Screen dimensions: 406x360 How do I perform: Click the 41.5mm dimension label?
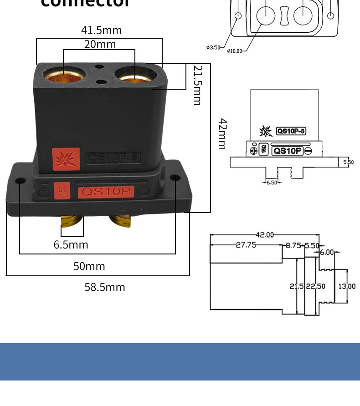point(102,30)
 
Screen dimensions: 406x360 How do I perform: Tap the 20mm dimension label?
point(100,44)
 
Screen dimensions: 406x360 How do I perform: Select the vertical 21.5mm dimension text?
point(197,85)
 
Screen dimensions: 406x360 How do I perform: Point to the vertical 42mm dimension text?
point(222,134)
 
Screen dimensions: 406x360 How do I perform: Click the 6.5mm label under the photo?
point(71,244)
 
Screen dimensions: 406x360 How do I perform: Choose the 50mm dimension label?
point(89,266)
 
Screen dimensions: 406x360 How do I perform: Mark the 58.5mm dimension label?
point(104,287)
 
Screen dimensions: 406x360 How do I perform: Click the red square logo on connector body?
point(66,160)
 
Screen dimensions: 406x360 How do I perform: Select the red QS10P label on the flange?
point(106,192)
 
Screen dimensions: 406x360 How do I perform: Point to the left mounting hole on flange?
point(20,181)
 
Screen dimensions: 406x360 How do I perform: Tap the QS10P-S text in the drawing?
point(291,131)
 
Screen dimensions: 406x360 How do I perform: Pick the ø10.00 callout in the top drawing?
point(235,51)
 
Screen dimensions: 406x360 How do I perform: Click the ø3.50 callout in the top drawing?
point(213,47)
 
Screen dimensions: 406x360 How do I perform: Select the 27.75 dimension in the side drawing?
point(246,245)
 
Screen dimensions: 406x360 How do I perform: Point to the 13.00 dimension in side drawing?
point(347,286)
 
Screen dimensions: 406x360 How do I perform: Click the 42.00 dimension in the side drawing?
point(264,235)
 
